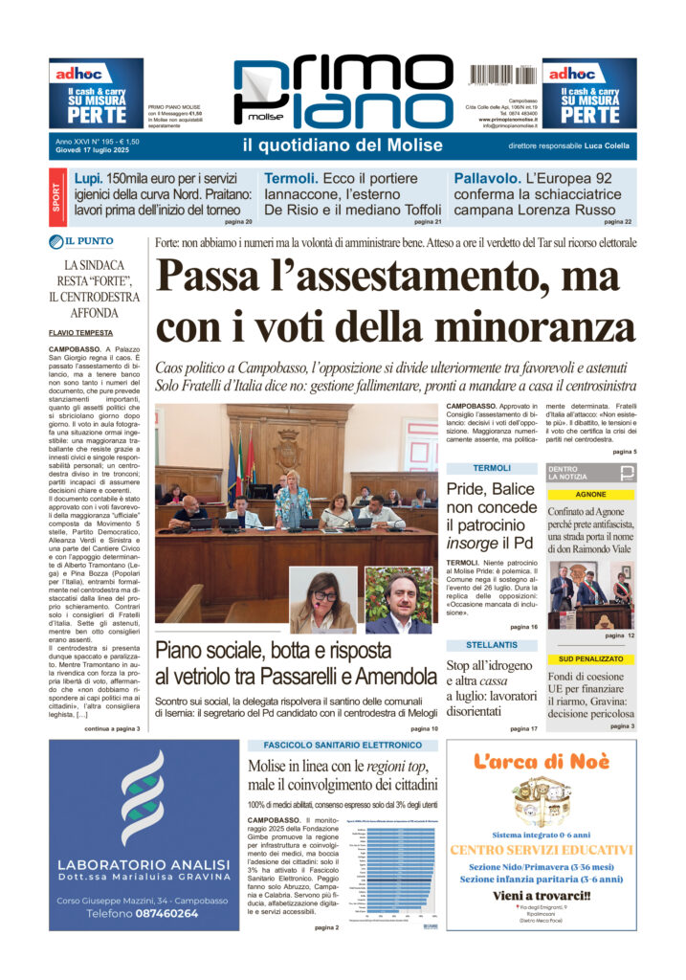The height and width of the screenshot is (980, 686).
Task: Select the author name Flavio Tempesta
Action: click(80, 333)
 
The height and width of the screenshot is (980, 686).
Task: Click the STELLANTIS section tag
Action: click(492, 645)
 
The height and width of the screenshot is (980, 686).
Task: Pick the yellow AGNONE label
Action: click(590, 495)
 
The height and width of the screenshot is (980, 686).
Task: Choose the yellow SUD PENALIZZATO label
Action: click(590, 659)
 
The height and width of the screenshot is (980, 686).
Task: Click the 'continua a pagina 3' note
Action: click(112, 728)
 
